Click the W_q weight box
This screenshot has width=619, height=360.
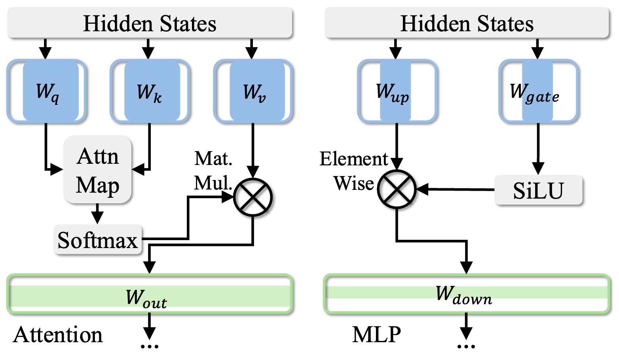(47, 91)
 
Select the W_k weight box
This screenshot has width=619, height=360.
(150, 91)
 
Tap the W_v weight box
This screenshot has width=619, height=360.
(253, 91)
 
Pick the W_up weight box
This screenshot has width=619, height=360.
(397, 91)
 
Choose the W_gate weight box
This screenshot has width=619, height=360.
(538, 91)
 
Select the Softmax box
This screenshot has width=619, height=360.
(98, 240)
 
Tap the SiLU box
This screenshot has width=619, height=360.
(538, 190)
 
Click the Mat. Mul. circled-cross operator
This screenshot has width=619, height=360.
(253, 197)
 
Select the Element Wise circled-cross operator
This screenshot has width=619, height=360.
(397, 189)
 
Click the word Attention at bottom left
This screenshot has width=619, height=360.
(58, 335)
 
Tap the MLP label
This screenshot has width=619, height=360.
(376, 335)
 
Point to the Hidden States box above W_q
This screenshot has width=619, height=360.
(150, 23)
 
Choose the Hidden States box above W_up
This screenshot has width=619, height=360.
(467, 23)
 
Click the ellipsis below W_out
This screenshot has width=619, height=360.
(150, 347)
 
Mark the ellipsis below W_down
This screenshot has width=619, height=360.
(466, 347)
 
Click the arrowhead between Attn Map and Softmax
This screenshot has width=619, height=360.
(97, 218)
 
